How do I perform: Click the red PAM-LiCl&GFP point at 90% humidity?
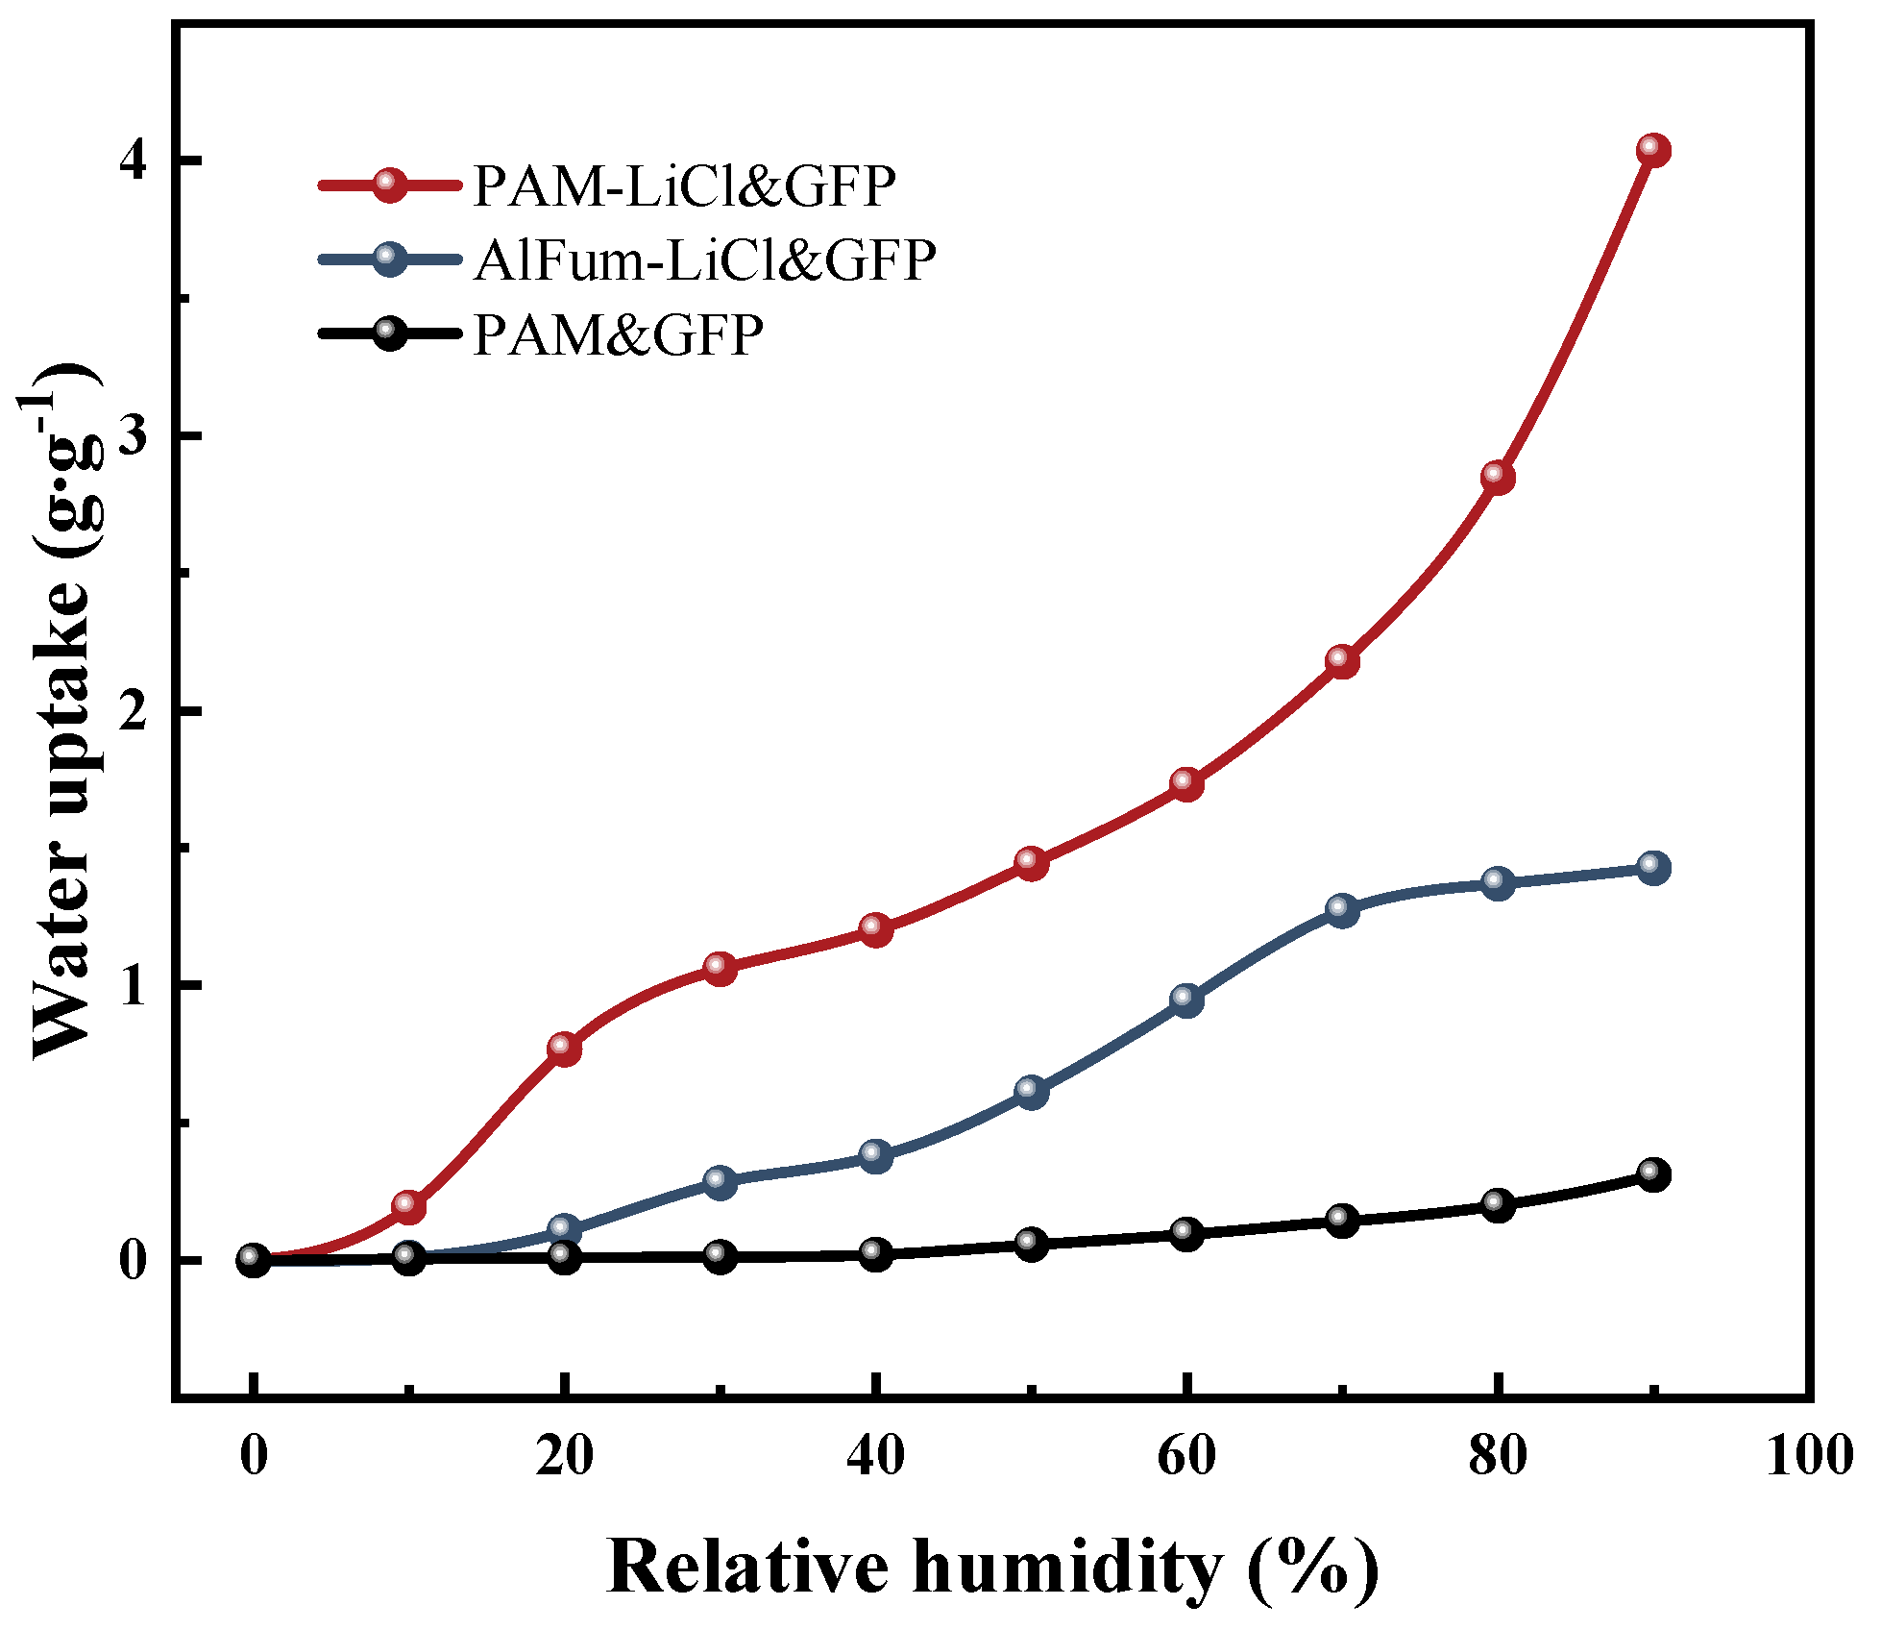click(1652, 150)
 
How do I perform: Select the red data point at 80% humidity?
click(1497, 477)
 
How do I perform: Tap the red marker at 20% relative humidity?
click(564, 1049)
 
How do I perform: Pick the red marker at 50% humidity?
click(1031, 863)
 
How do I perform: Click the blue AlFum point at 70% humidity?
click(1341, 909)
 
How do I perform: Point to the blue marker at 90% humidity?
click(1652, 868)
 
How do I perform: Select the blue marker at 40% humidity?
click(875, 1155)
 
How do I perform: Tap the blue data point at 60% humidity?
click(1186, 1000)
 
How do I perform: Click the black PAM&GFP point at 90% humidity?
click(1652, 1174)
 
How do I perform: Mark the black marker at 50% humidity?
click(1031, 1245)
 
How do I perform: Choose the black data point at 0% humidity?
click(253, 1260)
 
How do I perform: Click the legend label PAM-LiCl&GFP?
click(684, 186)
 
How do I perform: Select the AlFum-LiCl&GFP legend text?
click(704, 259)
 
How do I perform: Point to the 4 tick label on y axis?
click(134, 161)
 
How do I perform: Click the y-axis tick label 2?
click(134, 711)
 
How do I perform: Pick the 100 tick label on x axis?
click(1809, 1457)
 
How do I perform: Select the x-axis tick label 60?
click(1186, 1457)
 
